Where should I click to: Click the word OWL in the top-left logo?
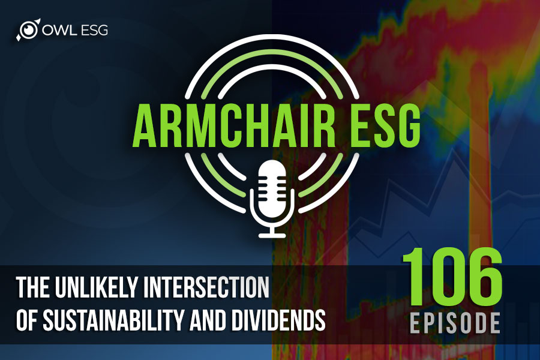pyautogui.click(x=56, y=31)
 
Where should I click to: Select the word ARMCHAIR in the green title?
pyautogui.click(x=234, y=127)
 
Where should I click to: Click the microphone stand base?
pyautogui.click(x=272, y=235)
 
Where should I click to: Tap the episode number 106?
pyautogui.click(x=452, y=277)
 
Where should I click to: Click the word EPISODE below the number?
pyautogui.click(x=455, y=323)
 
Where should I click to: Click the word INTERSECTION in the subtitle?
pyautogui.click(x=206, y=287)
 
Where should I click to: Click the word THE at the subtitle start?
pyautogui.click(x=34, y=287)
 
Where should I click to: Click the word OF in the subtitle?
pyautogui.click(x=26, y=320)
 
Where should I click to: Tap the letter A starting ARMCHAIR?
pyautogui.click(x=145, y=127)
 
